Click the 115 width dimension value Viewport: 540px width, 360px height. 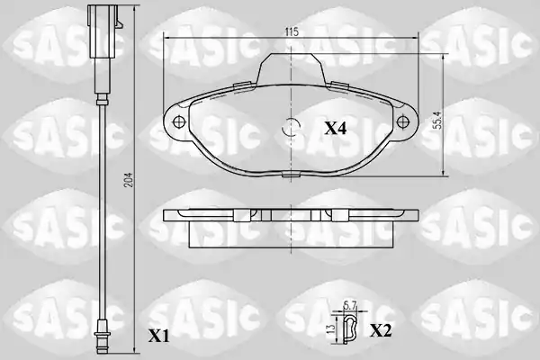pos(292,31)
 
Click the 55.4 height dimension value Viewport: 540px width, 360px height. pos(438,119)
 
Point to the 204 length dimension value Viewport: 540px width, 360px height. pos(129,179)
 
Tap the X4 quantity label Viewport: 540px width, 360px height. pos(336,129)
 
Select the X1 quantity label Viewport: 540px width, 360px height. pos(158,336)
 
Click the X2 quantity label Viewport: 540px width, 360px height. pos(381,331)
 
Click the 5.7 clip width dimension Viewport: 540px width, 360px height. pos(349,305)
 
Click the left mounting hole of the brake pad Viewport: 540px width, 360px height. pos(178,121)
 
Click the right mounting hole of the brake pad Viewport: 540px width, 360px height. pos(402,121)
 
